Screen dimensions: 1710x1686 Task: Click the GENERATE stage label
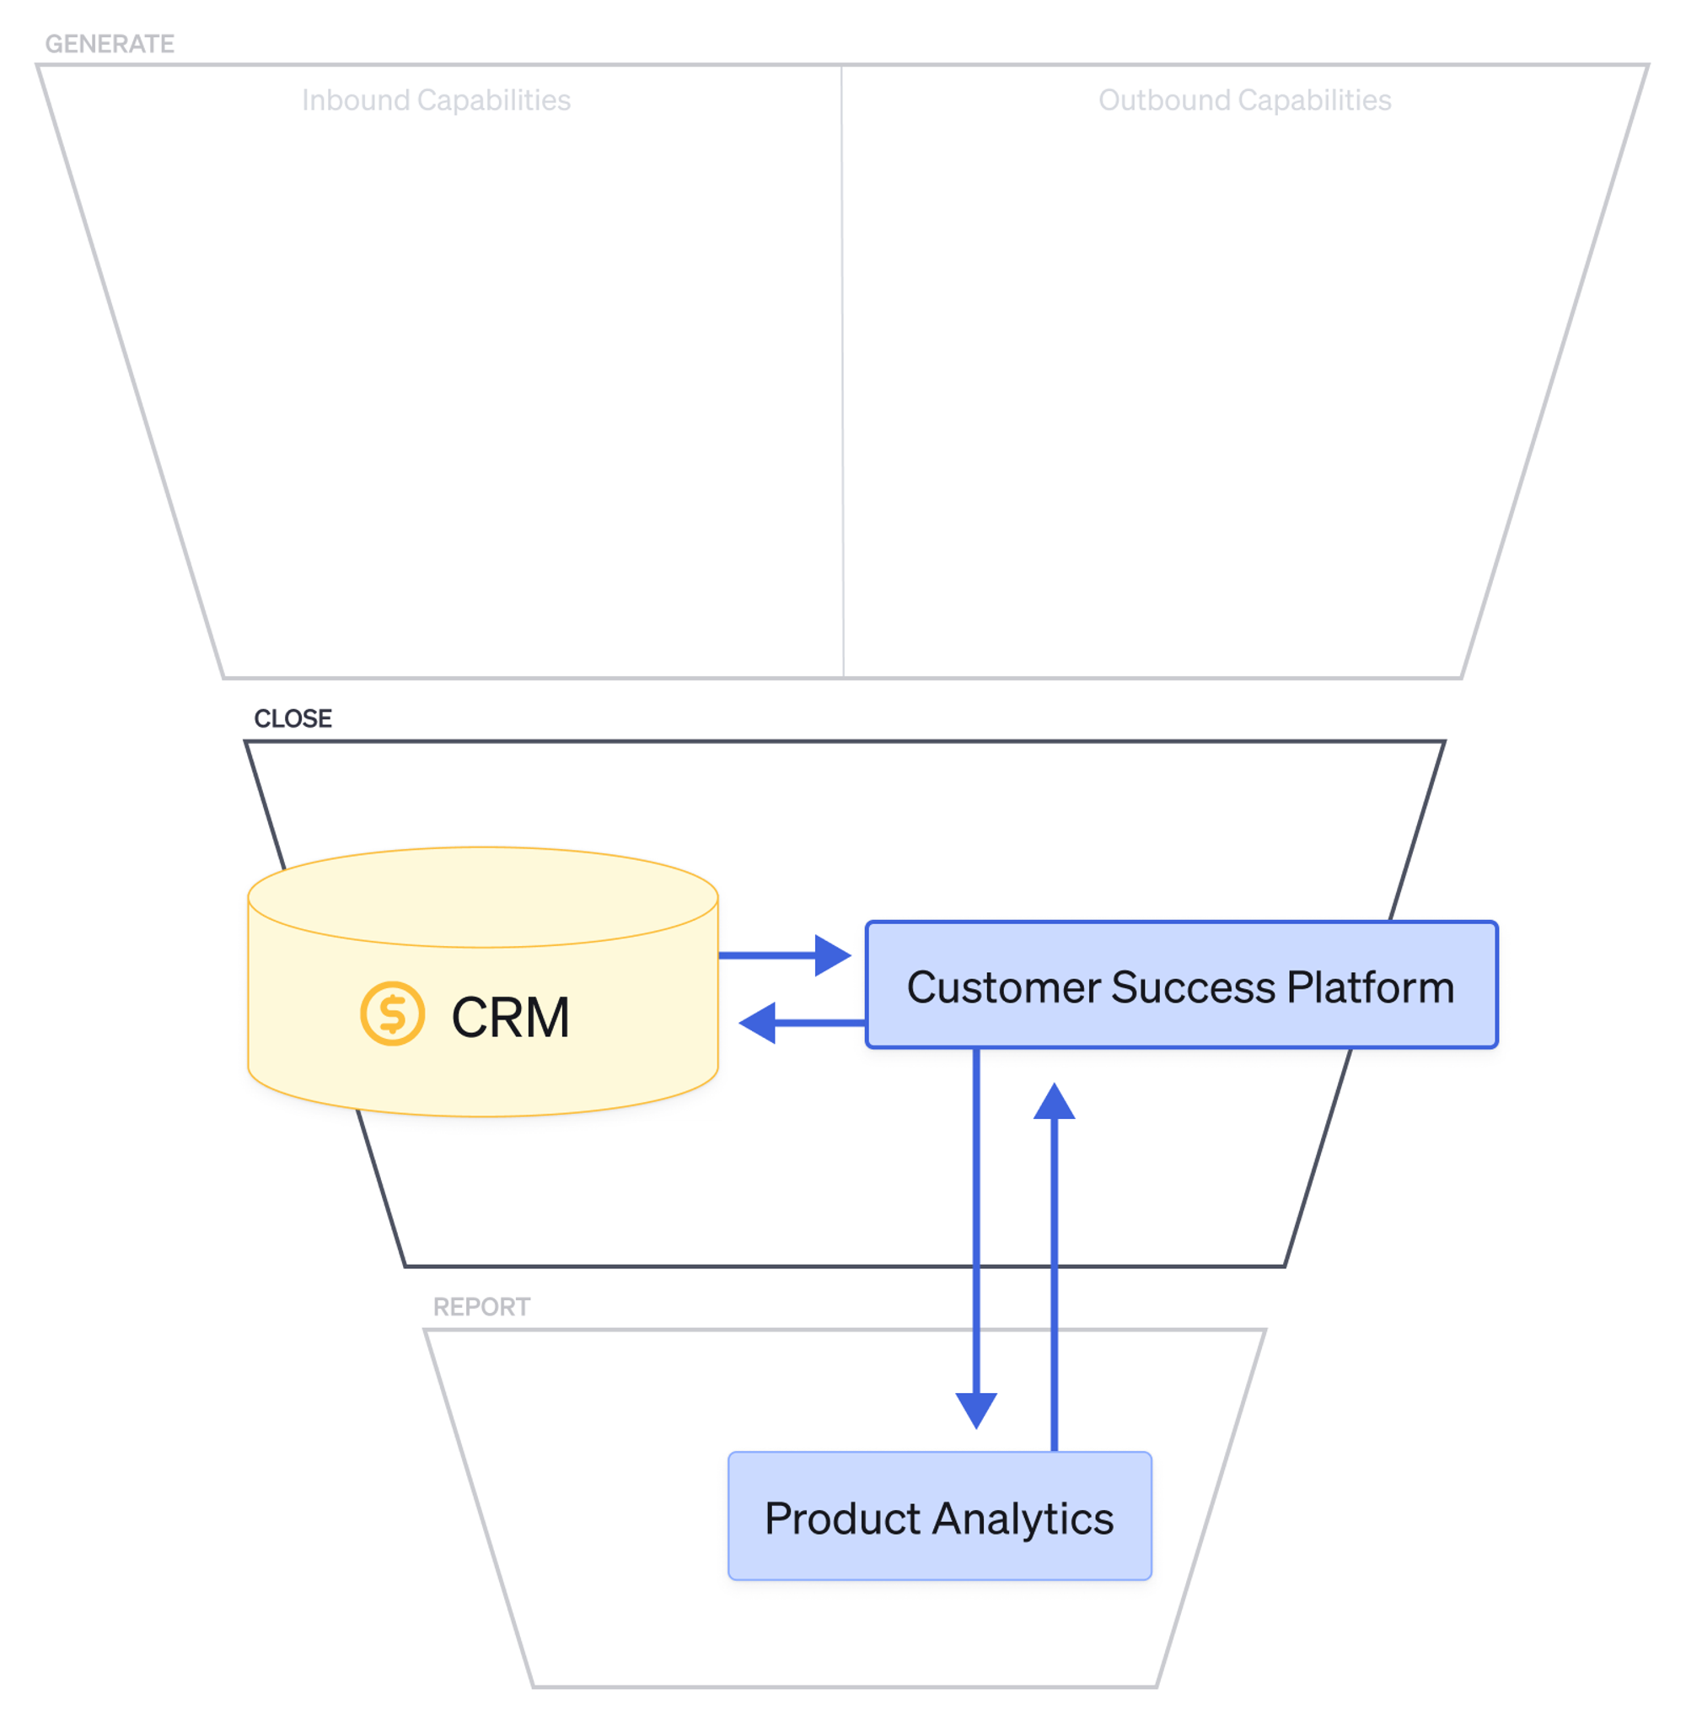point(109,43)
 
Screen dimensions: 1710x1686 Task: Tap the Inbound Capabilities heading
point(436,100)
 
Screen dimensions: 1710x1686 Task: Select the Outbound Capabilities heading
point(1243,100)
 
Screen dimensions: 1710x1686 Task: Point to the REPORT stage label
point(481,1306)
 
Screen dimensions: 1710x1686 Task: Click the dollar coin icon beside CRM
point(392,1014)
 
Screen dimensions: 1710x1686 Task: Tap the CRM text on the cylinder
point(510,1017)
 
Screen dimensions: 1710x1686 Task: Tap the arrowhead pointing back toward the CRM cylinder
point(759,1023)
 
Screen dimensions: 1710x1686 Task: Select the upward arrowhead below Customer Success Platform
point(1053,1103)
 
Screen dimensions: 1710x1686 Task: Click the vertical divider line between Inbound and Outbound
point(841,372)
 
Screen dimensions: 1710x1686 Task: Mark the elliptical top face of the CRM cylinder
point(482,896)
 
